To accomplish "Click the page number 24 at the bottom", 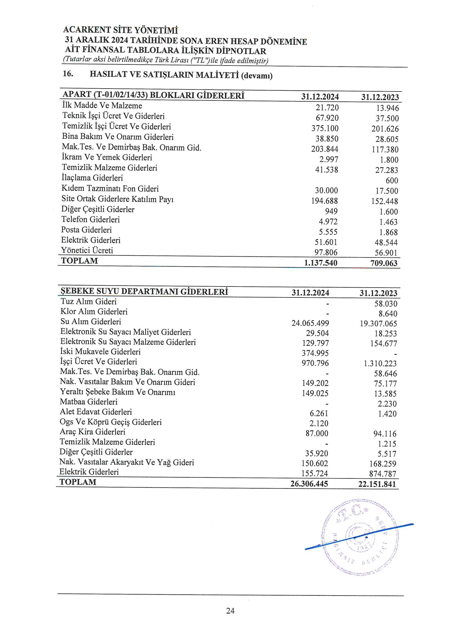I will pyautogui.click(x=230, y=611).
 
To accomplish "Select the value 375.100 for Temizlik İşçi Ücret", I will pyautogui.click(x=325, y=128).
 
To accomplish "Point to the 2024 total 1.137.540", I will pyautogui.click(x=320, y=263).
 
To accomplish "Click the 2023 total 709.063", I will pyautogui.click(x=384, y=263).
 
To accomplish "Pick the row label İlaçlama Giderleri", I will pyautogui.click(x=92, y=178).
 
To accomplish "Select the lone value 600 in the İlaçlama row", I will pyautogui.click(x=392, y=181).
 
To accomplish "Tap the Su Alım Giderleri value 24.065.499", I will pyautogui.click(x=310, y=323).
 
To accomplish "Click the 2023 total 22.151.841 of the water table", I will pyautogui.click(x=377, y=484).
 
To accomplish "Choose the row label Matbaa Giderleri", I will pyautogui.click(x=89, y=402).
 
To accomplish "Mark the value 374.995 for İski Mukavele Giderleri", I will pyautogui.click(x=315, y=353).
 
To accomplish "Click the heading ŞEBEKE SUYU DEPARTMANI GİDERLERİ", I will pyautogui.click(x=144, y=291).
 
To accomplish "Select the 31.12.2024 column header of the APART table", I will pyautogui.click(x=320, y=97).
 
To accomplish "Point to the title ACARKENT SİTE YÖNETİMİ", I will pyautogui.click(x=121, y=30).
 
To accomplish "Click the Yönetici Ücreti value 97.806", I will pyautogui.click(x=326, y=253).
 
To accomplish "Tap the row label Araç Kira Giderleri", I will pyautogui.click(x=92, y=432).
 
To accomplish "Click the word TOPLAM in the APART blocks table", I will pyautogui.click(x=79, y=261).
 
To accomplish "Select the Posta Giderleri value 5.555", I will pyautogui.click(x=328, y=232).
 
